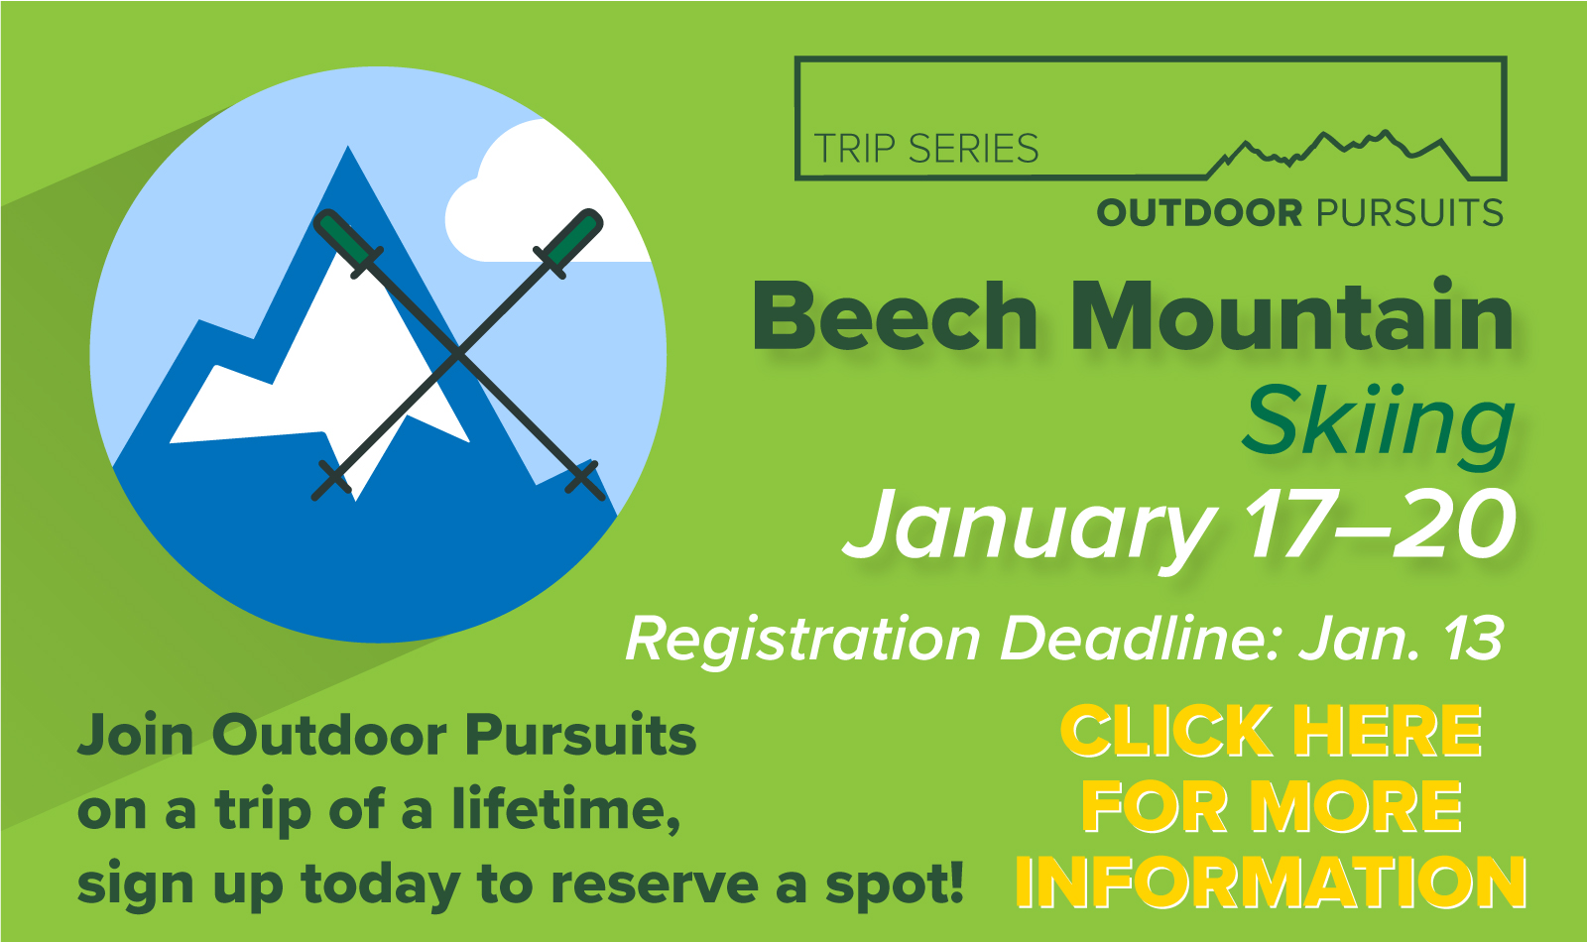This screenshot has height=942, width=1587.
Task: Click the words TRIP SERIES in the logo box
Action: [926, 148]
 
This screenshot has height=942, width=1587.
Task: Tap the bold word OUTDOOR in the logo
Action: [1199, 213]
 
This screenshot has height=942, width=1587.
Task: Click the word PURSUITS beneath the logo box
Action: [1409, 213]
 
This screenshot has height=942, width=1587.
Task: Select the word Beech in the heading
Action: [895, 316]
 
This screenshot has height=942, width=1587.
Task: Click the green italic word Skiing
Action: [1379, 425]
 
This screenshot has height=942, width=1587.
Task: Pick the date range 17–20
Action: [1379, 524]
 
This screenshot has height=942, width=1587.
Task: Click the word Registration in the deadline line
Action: [802, 641]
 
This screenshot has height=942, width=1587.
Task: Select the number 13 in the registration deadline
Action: [1475, 639]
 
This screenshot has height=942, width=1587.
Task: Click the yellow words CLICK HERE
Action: [1271, 731]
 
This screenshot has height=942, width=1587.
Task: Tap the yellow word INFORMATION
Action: [1271, 882]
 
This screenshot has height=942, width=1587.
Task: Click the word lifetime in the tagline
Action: [566, 809]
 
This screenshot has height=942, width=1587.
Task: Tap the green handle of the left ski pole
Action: [348, 240]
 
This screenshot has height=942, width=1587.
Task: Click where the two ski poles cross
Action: [458, 354]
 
